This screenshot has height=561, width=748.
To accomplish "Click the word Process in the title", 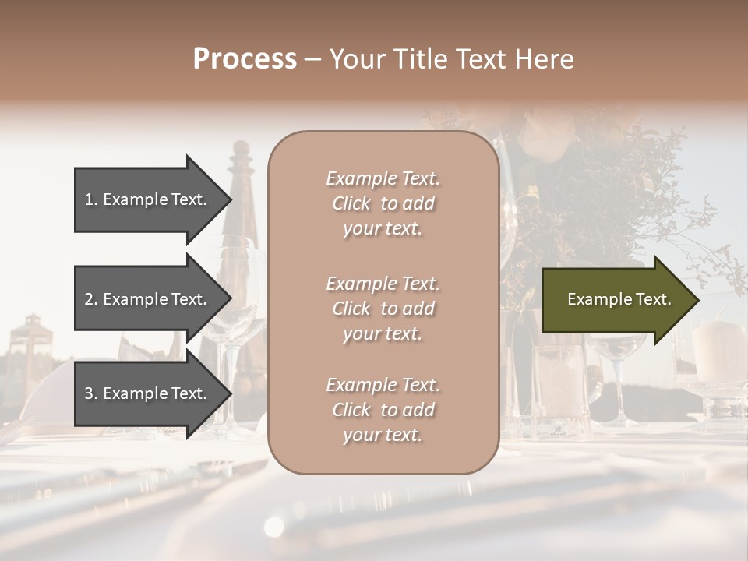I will click(x=245, y=59).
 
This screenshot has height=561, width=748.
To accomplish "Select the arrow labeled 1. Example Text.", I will click(x=148, y=199).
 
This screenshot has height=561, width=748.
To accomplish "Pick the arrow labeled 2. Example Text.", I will click(x=148, y=299).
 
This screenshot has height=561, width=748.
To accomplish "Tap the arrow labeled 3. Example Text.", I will click(x=148, y=393).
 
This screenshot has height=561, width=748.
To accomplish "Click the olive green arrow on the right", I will click(x=616, y=299).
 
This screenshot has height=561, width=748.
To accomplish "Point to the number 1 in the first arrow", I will click(x=90, y=199).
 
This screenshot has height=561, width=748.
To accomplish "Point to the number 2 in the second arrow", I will click(x=90, y=299).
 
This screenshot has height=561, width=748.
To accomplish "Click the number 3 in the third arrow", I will click(x=90, y=393).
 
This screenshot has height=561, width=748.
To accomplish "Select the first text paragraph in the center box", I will click(x=383, y=203).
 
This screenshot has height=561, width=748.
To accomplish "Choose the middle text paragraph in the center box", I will click(x=383, y=308).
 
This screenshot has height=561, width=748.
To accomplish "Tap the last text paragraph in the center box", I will click(x=383, y=410).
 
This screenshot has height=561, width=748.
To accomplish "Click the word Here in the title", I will click(x=545, y=59).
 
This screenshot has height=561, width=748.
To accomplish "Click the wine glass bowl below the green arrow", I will click(x=616, y=351).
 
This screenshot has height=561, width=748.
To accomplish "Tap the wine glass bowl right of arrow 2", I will click(x=234, y=327).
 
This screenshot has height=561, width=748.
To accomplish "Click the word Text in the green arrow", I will click(x=653, y=299).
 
